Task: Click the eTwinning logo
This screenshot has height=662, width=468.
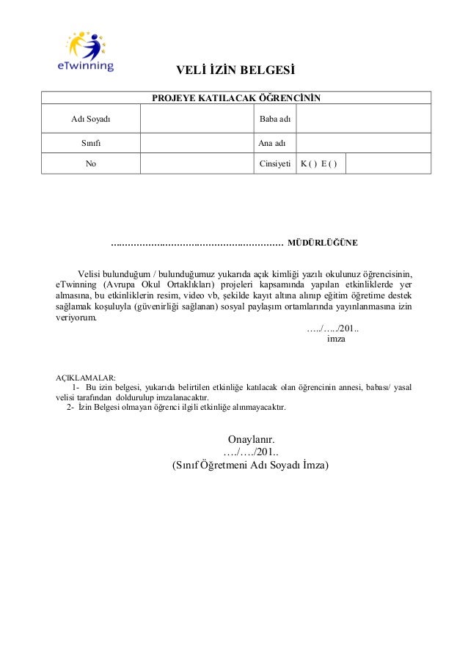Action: [x=86, y=52]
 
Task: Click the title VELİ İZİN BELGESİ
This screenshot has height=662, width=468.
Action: [x=233, y=71]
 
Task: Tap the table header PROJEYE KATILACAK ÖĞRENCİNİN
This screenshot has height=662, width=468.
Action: [x=235, y=98]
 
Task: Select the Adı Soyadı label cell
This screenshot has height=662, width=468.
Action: [x=90, y=118]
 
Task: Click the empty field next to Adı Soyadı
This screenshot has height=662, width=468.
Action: [x=196, y=118]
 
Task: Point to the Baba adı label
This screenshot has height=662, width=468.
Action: [x=274, y=118]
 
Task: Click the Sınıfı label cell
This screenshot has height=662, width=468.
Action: [x=90, y=142]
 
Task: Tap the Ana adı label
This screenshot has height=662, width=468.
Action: [x=274, y=142]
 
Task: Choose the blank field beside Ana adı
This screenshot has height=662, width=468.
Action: [x=362, y=142]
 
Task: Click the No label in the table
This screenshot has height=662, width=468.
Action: [x=90, y=163]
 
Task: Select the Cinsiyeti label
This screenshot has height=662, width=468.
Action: [x=275, y=163]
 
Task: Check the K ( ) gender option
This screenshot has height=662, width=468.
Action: [x=307, y=163]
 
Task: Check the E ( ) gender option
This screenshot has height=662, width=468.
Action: [x=329, y=163]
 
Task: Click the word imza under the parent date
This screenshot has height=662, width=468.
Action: [x=335, y=339]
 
